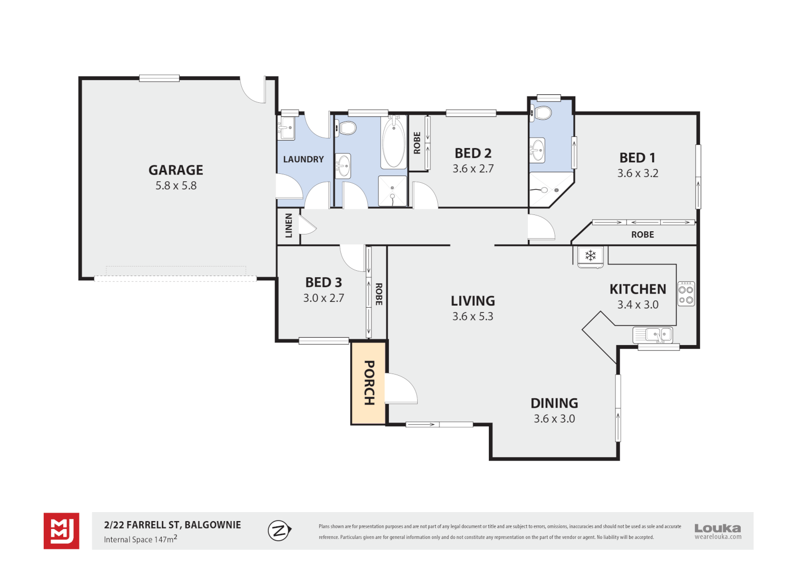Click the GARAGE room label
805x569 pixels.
pos(176,170)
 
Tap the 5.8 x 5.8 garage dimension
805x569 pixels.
pos(176,185)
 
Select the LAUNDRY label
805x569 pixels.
pos(303,159)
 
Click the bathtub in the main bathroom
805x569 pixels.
pos(394,142)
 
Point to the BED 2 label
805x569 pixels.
pos(473,153)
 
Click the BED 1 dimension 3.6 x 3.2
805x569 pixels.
pos(637,173)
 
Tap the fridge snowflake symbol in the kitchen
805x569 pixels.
pos(591,256)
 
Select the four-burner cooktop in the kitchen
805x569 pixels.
pos(686,294)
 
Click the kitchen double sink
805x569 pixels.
pos(653,335)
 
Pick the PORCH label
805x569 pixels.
pos(369,383)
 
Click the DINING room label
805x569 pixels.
pos(554,403)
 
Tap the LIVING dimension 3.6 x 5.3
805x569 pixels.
pos(473,316)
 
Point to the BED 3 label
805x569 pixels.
pos(323,282)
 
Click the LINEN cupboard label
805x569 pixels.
pos(289,225)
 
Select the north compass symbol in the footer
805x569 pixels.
pos(280,530)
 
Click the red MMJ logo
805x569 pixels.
pos(62,531)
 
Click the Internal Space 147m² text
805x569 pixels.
pos(141,539)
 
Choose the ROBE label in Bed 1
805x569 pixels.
pos(643,235)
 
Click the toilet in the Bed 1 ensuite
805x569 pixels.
pos(542,113)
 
